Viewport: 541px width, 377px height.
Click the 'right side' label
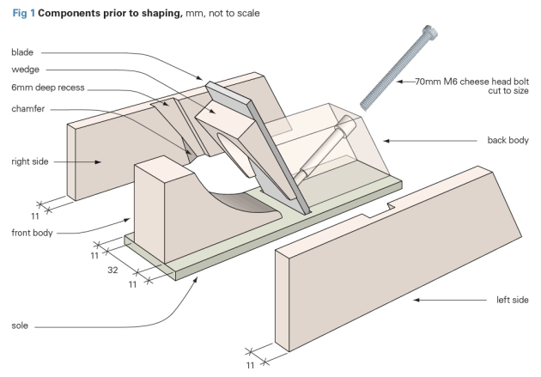(x=31, y=160)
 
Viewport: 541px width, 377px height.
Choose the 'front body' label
(x=34, y=233)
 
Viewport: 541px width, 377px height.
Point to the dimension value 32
(x=112, y=268)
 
